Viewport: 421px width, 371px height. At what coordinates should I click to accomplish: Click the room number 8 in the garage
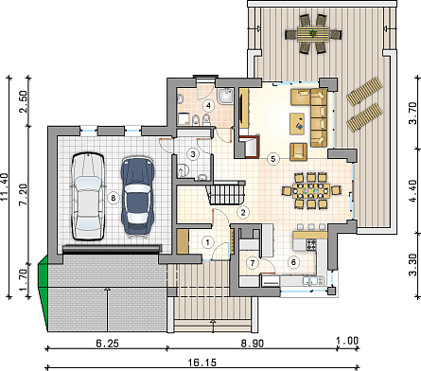(x=114, y=198)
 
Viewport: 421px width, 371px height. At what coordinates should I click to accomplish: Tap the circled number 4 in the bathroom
(x=208, y=106)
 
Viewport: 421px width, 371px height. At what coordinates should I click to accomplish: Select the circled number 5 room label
(x=273, y=158)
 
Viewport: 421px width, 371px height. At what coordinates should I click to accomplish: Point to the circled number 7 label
(x=253, y=263)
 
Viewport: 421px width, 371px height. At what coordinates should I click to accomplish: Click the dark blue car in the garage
(x=137, y=196)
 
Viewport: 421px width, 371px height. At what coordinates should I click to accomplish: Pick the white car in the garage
(x=88, y=196)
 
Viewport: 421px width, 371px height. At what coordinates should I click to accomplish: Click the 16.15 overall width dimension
(x=202, y=362)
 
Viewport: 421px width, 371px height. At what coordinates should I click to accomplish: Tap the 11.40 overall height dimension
(x=5, y=186)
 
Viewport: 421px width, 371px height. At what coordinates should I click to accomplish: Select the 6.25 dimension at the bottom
(x=108, y=343)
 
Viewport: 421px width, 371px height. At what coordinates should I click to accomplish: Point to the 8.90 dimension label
(x=253, y=343)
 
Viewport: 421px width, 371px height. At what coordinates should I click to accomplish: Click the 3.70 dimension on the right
(x=413, y=114)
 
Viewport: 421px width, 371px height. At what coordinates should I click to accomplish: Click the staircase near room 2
(x=226, y=193)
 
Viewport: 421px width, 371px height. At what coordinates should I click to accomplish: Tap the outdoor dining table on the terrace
(x=313, y=34)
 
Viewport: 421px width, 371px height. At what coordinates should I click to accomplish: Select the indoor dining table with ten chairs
(x=311, y=190)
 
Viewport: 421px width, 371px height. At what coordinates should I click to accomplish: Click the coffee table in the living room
(x=297, y=124)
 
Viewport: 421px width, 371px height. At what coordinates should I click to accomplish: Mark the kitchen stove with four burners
(x=311, y=244)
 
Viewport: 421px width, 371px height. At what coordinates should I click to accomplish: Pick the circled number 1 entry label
(x=207, y=242)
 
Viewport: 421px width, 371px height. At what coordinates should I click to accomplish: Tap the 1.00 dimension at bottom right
(x=347, y=341)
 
